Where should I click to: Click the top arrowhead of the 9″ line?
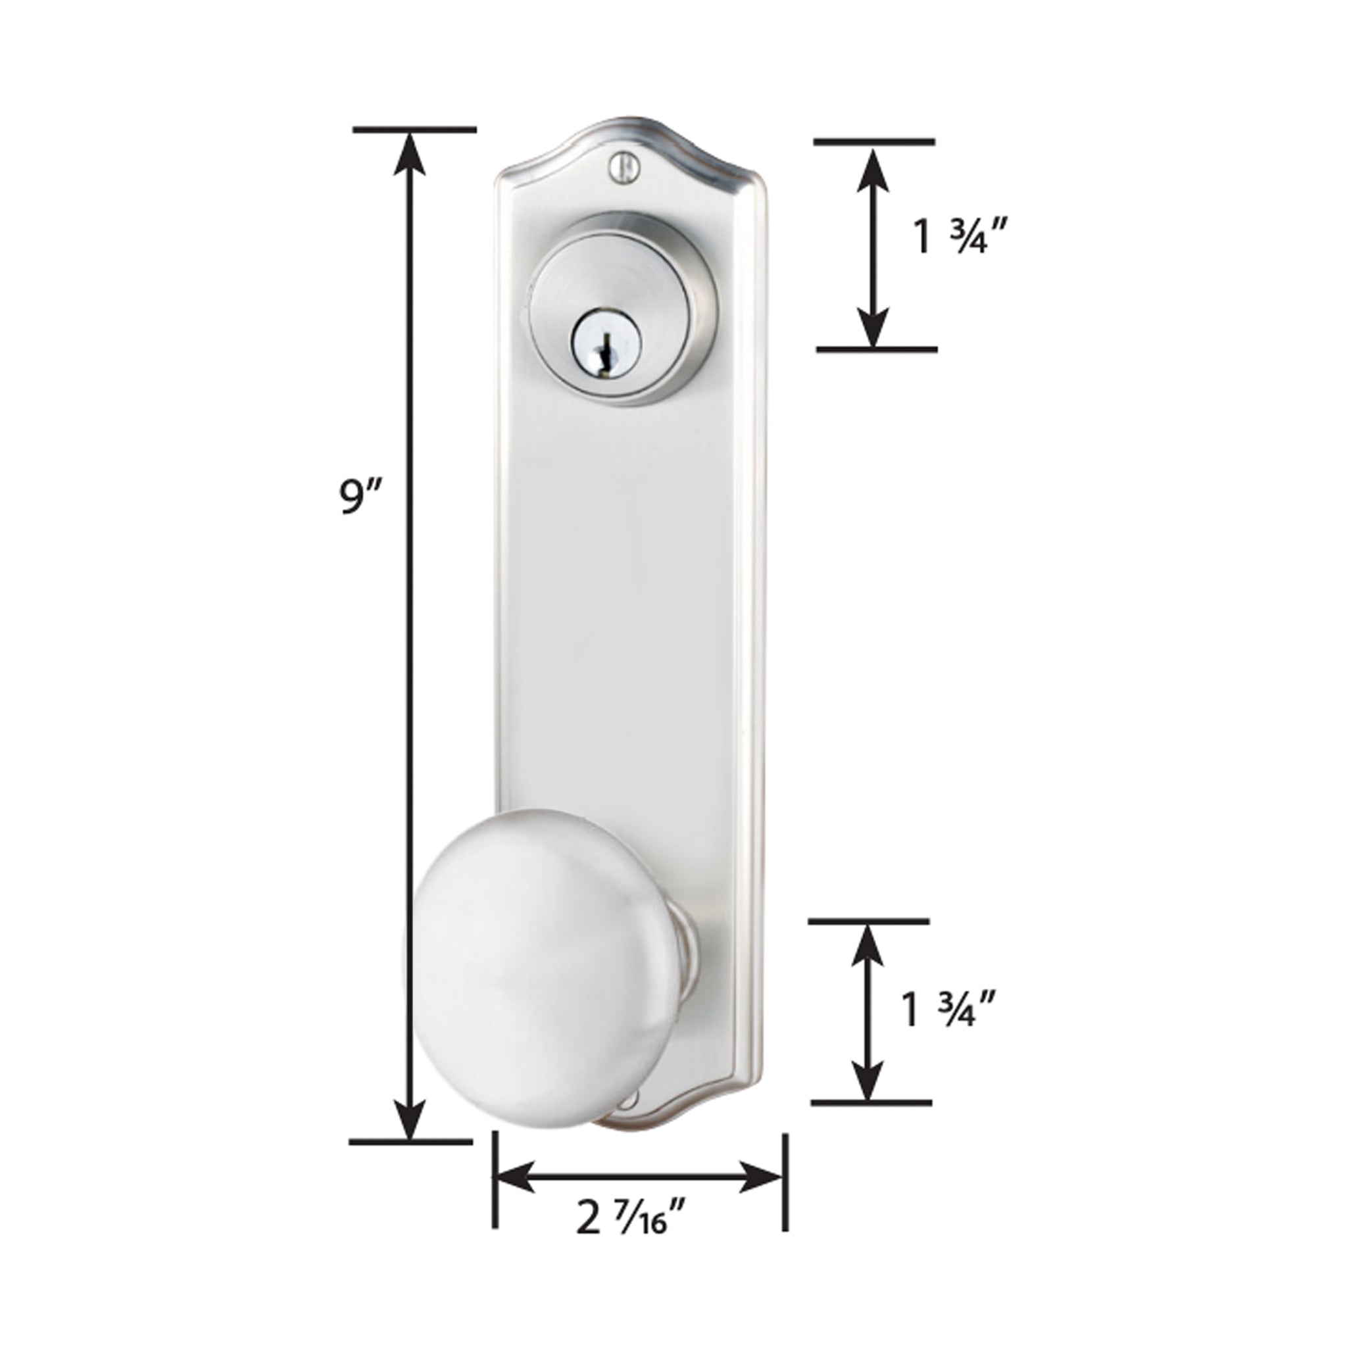pyautogui.click(x=414, y=153)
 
